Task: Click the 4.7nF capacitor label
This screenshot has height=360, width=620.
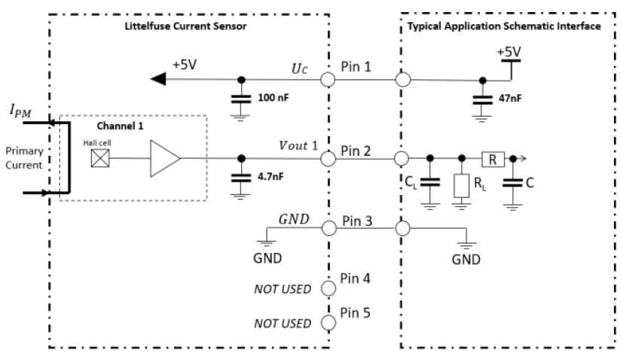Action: tap(270, 178)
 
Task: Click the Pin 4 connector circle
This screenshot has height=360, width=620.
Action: tap(328, 288)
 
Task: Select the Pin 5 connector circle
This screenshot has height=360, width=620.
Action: tap(328, 323)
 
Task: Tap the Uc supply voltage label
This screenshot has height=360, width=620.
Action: tap(300, 68)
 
